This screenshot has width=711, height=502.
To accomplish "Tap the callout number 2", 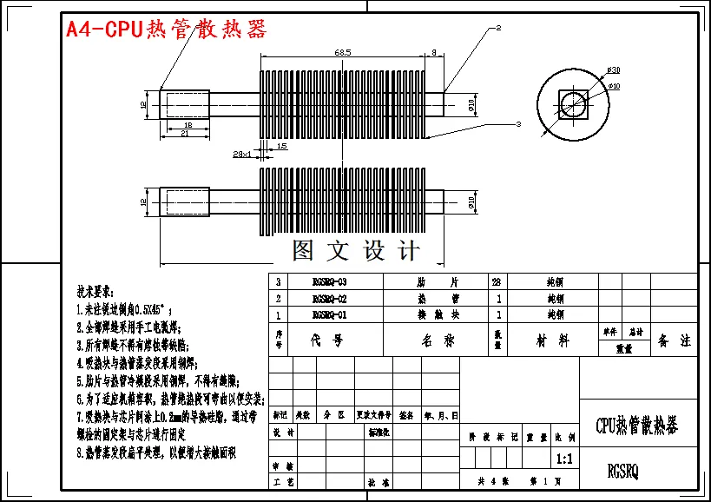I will point(499,28).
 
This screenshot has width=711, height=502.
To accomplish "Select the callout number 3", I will point(517,125).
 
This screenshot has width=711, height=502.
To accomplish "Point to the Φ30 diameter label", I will point(613,69).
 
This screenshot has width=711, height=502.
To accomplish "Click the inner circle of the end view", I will point(572,104).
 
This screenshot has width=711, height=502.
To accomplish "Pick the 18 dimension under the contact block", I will point(187,125).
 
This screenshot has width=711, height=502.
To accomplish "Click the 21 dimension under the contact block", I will point(184,133).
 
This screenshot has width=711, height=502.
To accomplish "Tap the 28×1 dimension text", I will point(242,154).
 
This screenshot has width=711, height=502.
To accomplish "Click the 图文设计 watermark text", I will point(356,251).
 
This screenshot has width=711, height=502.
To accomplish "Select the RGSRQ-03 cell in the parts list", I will point(329,282).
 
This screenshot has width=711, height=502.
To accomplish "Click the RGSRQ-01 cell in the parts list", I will point(329,314).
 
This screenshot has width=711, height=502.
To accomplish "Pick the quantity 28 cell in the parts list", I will point(497,282).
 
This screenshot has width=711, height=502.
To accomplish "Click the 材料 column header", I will point(552,341).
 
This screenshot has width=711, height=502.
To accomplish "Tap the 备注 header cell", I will point(675,341).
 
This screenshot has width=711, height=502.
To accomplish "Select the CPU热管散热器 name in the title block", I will point(636,426).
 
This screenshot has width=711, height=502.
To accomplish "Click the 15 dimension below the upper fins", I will point(282,147).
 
